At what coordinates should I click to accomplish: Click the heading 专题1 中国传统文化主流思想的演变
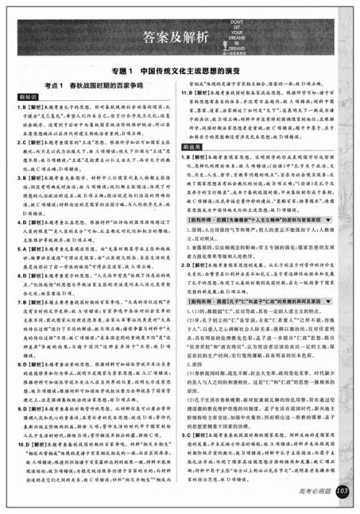pyautogui.click(x=180, y=73)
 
